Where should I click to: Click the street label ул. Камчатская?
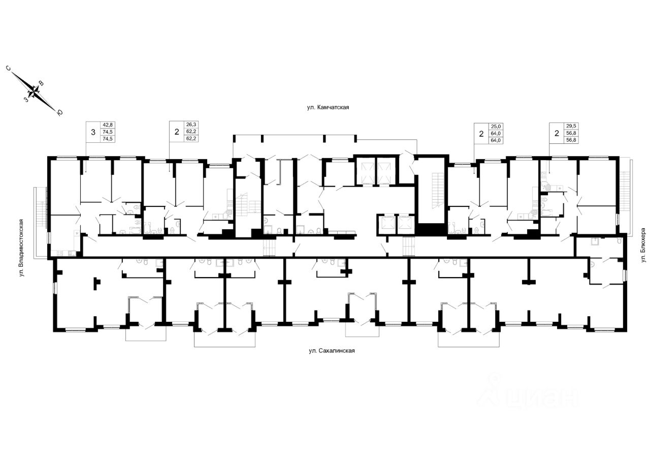click(329, 107)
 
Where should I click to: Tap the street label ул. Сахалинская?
click(331, 351)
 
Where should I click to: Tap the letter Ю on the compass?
click(60, 113)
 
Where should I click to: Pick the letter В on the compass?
click(42, 83)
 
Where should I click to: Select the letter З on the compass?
click(26, 100)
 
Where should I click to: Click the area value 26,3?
click(191, 125)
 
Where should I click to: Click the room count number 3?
click(92, 133)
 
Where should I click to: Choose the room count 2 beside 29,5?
click(557, 134)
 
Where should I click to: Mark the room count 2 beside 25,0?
click(480, 134)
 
